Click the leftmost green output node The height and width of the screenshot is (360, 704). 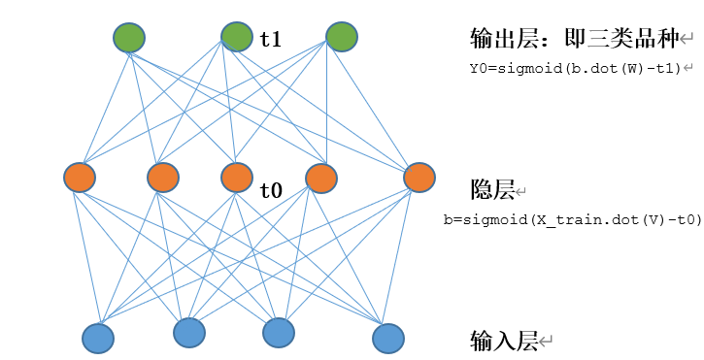tap(129, 39)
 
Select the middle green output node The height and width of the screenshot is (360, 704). tap(236, 38)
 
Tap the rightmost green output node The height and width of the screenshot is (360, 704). tap(342, 38)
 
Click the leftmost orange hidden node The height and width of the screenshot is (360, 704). tap(80, 179)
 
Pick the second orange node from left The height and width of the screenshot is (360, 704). tap(163, 179)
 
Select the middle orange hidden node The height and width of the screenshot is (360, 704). tap(237, 178)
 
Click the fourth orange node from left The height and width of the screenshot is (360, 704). tap(320, 179)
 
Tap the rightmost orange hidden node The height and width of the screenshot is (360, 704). tap(419, 179)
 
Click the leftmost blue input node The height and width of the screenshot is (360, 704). tap(98, 338)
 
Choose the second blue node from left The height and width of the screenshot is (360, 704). tap(189, 333)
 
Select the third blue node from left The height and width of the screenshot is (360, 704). tap(279, 333)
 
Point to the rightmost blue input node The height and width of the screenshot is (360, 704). tap(388, 338)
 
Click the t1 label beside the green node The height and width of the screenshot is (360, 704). tap(270, 40)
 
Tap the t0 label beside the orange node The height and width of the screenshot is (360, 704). tap(270, 191)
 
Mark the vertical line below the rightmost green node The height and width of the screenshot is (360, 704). tap(326, 107)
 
